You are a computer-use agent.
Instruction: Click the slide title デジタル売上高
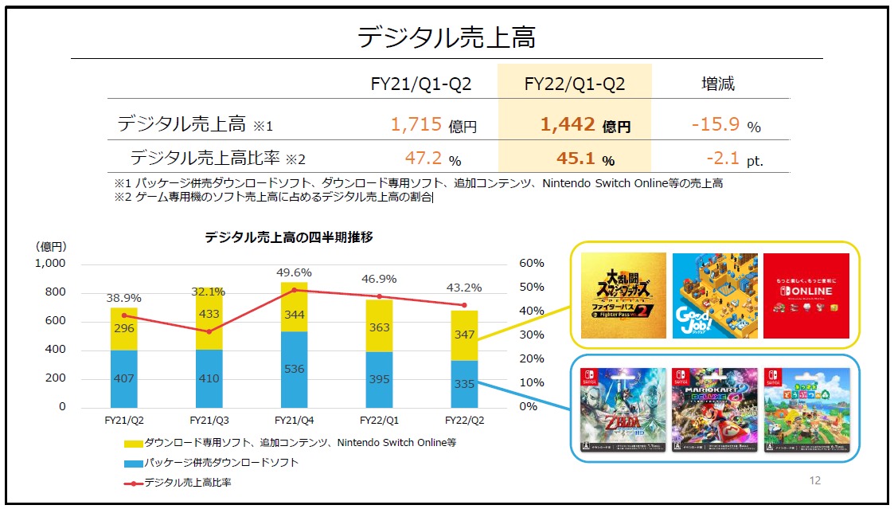446,37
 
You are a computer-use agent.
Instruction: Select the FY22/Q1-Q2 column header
574,84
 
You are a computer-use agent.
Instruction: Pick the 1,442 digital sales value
568,124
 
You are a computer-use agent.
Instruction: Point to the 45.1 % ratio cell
576,159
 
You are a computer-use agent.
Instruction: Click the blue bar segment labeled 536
294,370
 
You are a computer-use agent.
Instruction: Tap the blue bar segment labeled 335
464,384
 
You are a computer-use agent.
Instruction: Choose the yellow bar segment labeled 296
124,329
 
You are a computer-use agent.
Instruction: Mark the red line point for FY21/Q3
209,331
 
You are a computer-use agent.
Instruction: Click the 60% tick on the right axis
531,264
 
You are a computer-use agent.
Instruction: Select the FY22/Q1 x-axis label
379,419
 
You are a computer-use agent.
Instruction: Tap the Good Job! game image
715,296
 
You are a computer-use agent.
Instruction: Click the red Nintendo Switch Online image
806,296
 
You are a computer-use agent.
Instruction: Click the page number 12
814,480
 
